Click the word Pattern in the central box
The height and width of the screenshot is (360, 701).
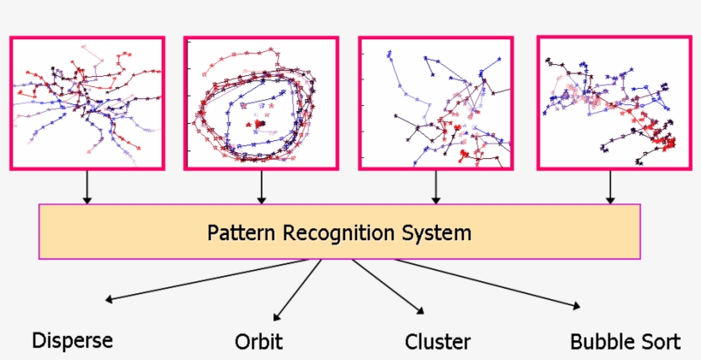coord(235,232)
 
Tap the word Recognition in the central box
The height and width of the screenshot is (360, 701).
coord(335,232)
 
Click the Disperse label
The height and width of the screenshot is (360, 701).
coord(73,340)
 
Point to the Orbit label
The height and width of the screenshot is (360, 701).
coord(258,343)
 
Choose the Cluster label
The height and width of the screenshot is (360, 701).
coord(438,342)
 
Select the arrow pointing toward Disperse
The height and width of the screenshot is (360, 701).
coord(214,280)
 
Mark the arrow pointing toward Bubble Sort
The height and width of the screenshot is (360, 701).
coord(487,282)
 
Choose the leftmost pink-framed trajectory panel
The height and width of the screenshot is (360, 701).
coord(87,102)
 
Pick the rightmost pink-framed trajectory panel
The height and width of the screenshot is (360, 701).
coord(613,102)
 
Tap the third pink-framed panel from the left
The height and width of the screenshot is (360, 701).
coord(436,102)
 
